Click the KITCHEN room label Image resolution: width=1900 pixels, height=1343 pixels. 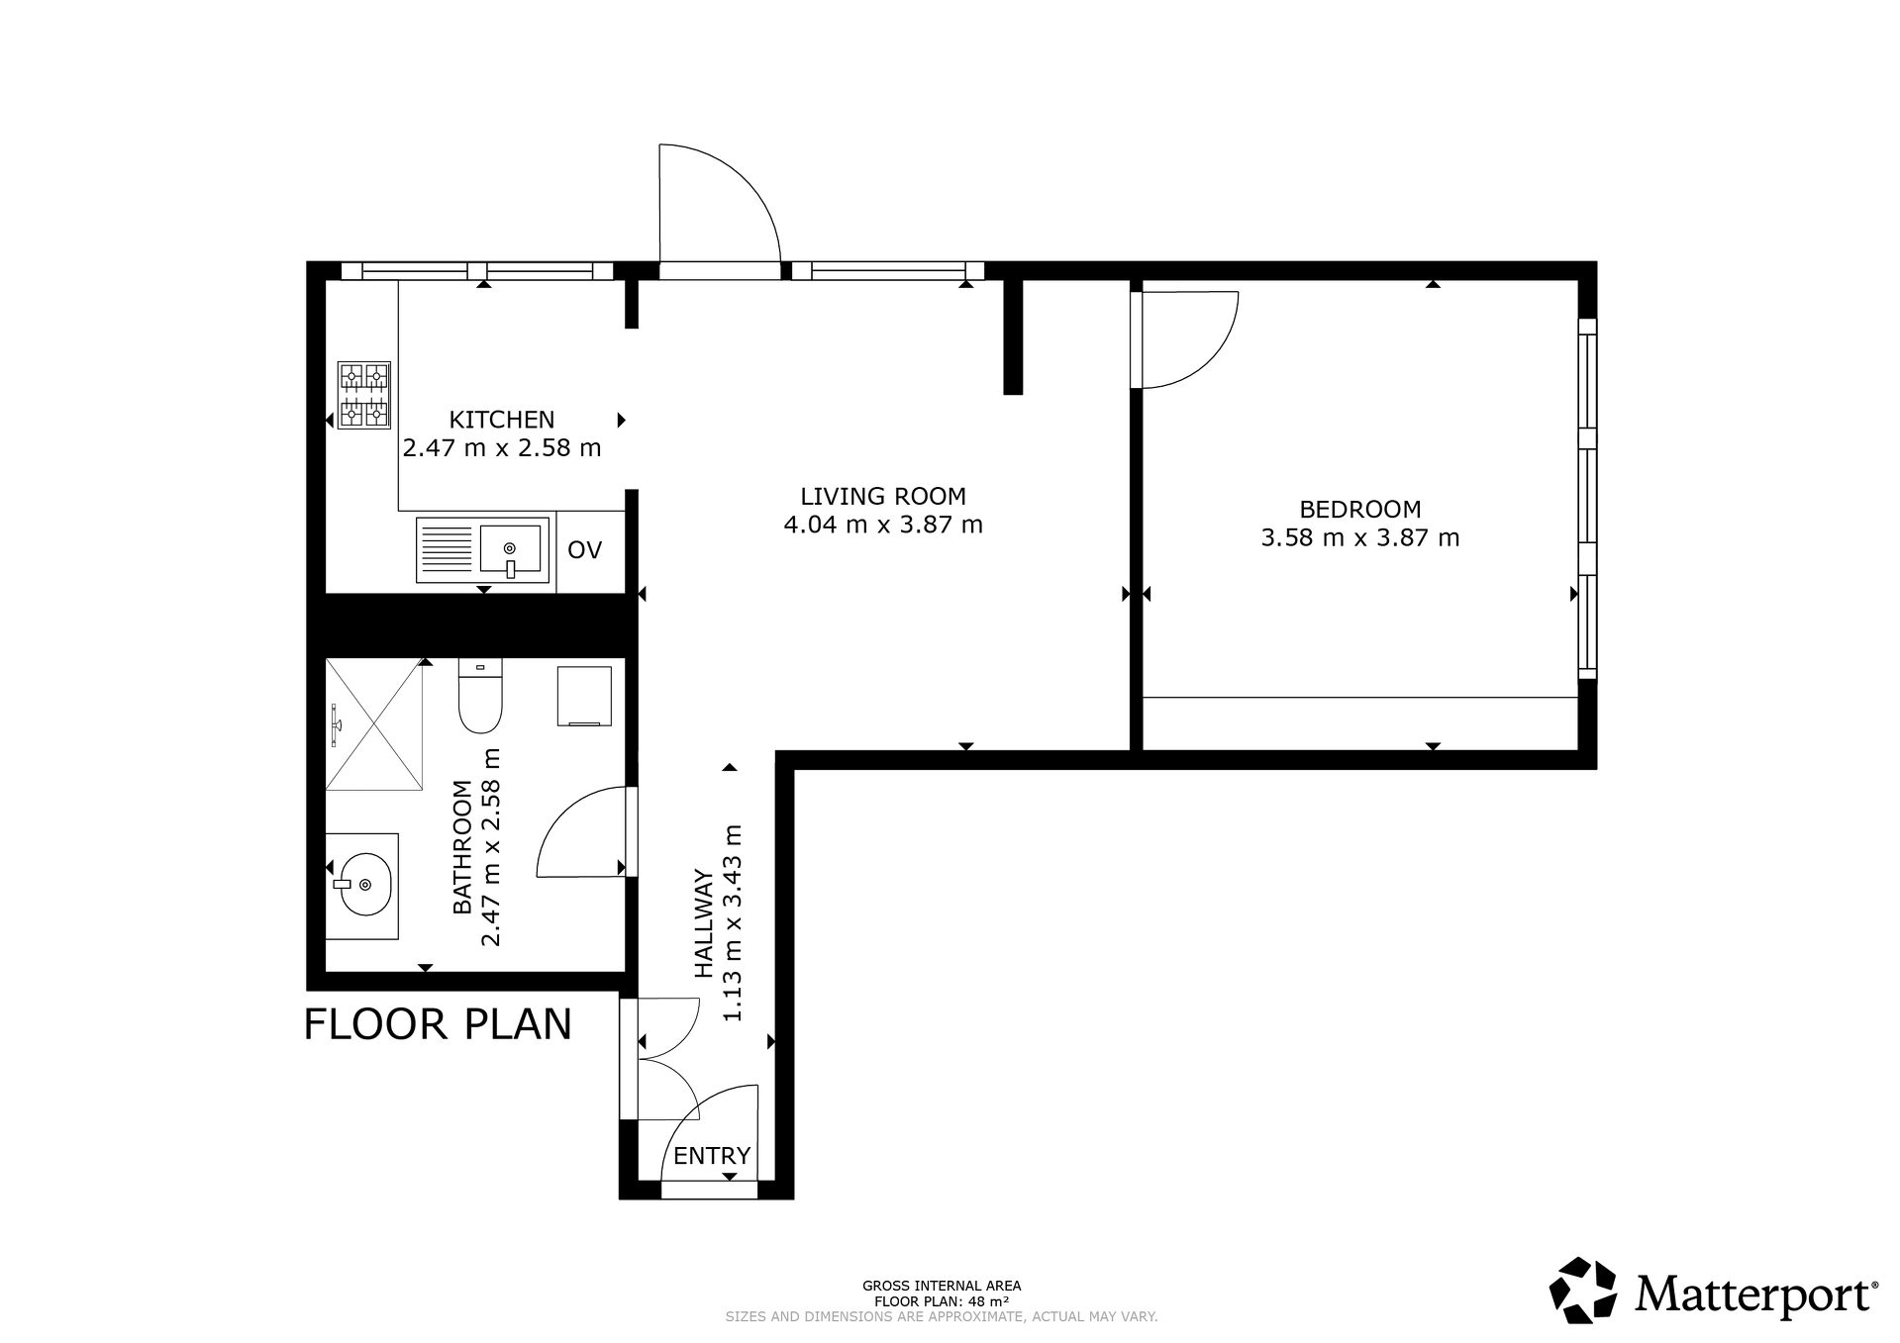point(502,420)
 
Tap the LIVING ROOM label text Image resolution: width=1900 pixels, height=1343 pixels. point(883,496)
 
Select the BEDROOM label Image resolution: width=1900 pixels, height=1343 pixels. point(1359,510)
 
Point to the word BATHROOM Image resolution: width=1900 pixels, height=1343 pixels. point(462,847)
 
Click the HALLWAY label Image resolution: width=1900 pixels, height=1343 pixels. point(704,923)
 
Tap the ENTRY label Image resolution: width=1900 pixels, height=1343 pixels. point(712,1156)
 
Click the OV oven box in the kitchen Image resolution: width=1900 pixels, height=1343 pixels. point(585,550)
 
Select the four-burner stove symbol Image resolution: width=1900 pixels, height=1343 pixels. point(364,395)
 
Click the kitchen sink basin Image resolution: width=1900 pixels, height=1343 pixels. point(510,549)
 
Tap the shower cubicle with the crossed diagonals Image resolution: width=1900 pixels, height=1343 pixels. point(374,724)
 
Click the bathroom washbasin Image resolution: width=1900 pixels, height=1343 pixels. point(365,885)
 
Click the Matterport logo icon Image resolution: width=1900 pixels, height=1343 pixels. point(1582,1290)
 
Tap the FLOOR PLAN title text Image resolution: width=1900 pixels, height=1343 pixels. point(438,1024)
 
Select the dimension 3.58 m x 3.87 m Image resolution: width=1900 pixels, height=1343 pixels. point(1359,538)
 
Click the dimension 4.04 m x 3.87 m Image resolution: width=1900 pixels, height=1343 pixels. point(883,525)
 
